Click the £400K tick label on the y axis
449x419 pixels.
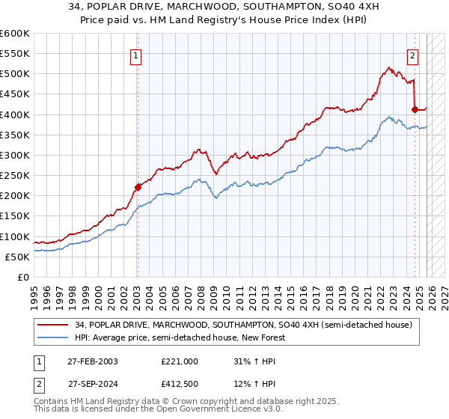(15, 114)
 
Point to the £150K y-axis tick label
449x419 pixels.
(15, 216)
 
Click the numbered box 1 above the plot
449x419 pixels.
(137, 55)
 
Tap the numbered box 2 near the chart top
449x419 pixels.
(412, 55)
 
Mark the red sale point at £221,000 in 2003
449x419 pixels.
(138, 187)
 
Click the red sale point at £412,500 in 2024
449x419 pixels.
(415, 109)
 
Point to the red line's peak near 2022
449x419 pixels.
(389, 67)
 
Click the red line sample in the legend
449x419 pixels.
(55, 325)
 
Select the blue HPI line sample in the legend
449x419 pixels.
(55, 338)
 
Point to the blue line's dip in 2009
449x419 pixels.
(216, 198)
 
